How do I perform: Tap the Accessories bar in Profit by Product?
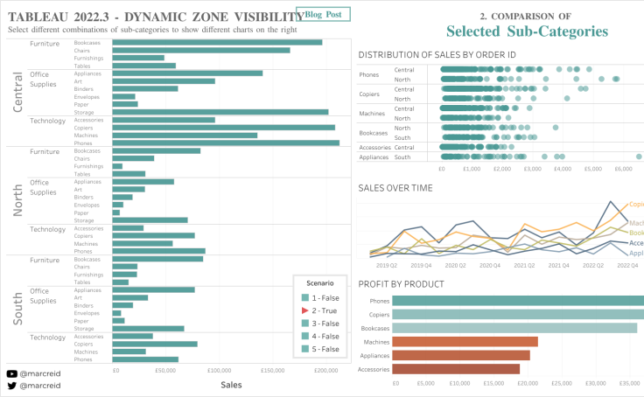tap(456, 368)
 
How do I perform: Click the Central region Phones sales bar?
tap(226, 143)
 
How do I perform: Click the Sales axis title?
tap(231, 385)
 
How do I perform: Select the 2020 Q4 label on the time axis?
tap(455, 265)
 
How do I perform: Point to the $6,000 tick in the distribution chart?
tap(622, 169)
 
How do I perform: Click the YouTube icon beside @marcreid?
tap(11, 374)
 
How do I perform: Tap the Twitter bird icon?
tap(11, 386)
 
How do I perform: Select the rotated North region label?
tap(18, 199)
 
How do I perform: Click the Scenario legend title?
tap(319, 283)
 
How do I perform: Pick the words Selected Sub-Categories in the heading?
tap(527, 31)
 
